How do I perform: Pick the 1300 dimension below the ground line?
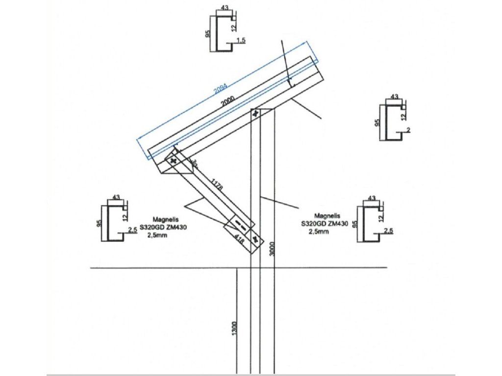tap(234, 328)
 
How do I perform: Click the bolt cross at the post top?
tap(255, 114)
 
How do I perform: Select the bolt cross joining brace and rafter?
tap(173, 160)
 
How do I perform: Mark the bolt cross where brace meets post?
tap(255, 239)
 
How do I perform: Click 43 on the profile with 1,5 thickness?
tap(225, 8)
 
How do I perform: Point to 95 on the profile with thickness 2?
tap(377, 122)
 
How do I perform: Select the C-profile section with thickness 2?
tap(395, 122)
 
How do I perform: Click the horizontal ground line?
tap(147, 268)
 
